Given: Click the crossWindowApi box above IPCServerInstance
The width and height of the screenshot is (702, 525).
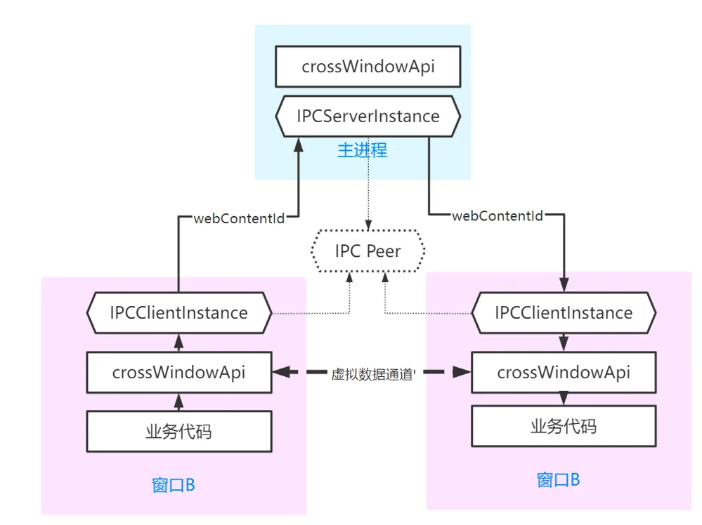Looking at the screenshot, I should coord(368,67).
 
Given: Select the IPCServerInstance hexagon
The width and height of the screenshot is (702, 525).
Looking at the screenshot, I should coord(368,116).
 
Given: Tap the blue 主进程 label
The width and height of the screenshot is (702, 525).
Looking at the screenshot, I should coord(362,150).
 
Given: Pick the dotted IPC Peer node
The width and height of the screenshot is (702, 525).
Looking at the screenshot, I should coord(368,251).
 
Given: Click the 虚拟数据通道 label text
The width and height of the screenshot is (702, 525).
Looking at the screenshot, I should coord(373,374).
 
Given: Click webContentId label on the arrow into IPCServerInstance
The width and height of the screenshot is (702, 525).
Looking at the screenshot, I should coord(239,218).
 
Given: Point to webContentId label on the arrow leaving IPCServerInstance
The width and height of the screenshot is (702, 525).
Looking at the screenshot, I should coord(498,216).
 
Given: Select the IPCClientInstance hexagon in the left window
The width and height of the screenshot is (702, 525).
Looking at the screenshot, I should coord(178,312).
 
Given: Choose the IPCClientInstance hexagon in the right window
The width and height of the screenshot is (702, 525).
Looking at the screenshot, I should coord(563,312).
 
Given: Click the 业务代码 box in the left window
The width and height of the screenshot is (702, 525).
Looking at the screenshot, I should coord(178,431).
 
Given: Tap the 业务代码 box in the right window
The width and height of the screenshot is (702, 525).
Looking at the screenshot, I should coord(563,425).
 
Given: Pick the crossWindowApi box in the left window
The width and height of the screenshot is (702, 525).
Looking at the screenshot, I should coord(178,372).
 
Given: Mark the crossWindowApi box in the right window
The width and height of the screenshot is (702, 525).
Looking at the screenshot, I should coord(563,372).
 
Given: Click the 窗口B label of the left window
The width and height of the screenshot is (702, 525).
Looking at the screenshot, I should coord(173,485).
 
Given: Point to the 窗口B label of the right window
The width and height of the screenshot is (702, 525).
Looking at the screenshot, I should coord(558,480).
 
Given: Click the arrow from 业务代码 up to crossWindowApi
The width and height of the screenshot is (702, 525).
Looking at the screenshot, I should coord(178,402).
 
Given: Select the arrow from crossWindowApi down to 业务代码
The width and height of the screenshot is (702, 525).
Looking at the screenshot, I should coord(563,399).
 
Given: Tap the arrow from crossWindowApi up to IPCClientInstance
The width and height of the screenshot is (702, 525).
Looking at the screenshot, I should coord(178,342).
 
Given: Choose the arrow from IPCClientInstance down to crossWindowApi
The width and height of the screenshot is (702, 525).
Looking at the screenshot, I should coord(563,343).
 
